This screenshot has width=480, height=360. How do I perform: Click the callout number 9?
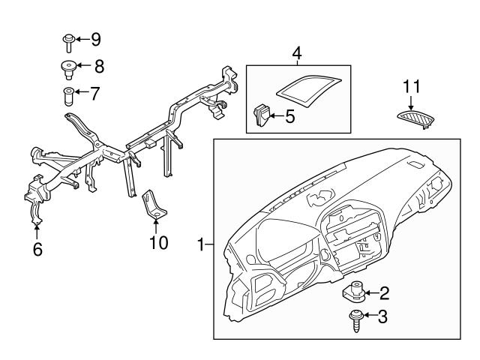[x=95, y=38]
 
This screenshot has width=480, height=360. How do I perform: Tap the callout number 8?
[x=98, y=66]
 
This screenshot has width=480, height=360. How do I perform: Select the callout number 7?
[x=94, y=94]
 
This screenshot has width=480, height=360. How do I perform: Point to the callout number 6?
[x=37, y=249]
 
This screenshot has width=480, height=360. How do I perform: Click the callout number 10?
[x=158, y=244]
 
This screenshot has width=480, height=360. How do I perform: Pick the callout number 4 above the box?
[x=297, y=53]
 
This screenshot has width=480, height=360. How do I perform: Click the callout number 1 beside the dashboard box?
[x=201, y=244]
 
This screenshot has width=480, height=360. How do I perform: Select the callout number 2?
[x=383, y=292]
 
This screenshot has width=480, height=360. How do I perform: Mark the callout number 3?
[x=383, y=318]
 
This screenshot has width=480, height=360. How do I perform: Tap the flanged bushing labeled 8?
[x=67, y=69]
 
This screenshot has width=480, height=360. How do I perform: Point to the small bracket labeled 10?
[x=154, y=205]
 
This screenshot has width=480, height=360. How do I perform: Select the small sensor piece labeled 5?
[x=262, y=115]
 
